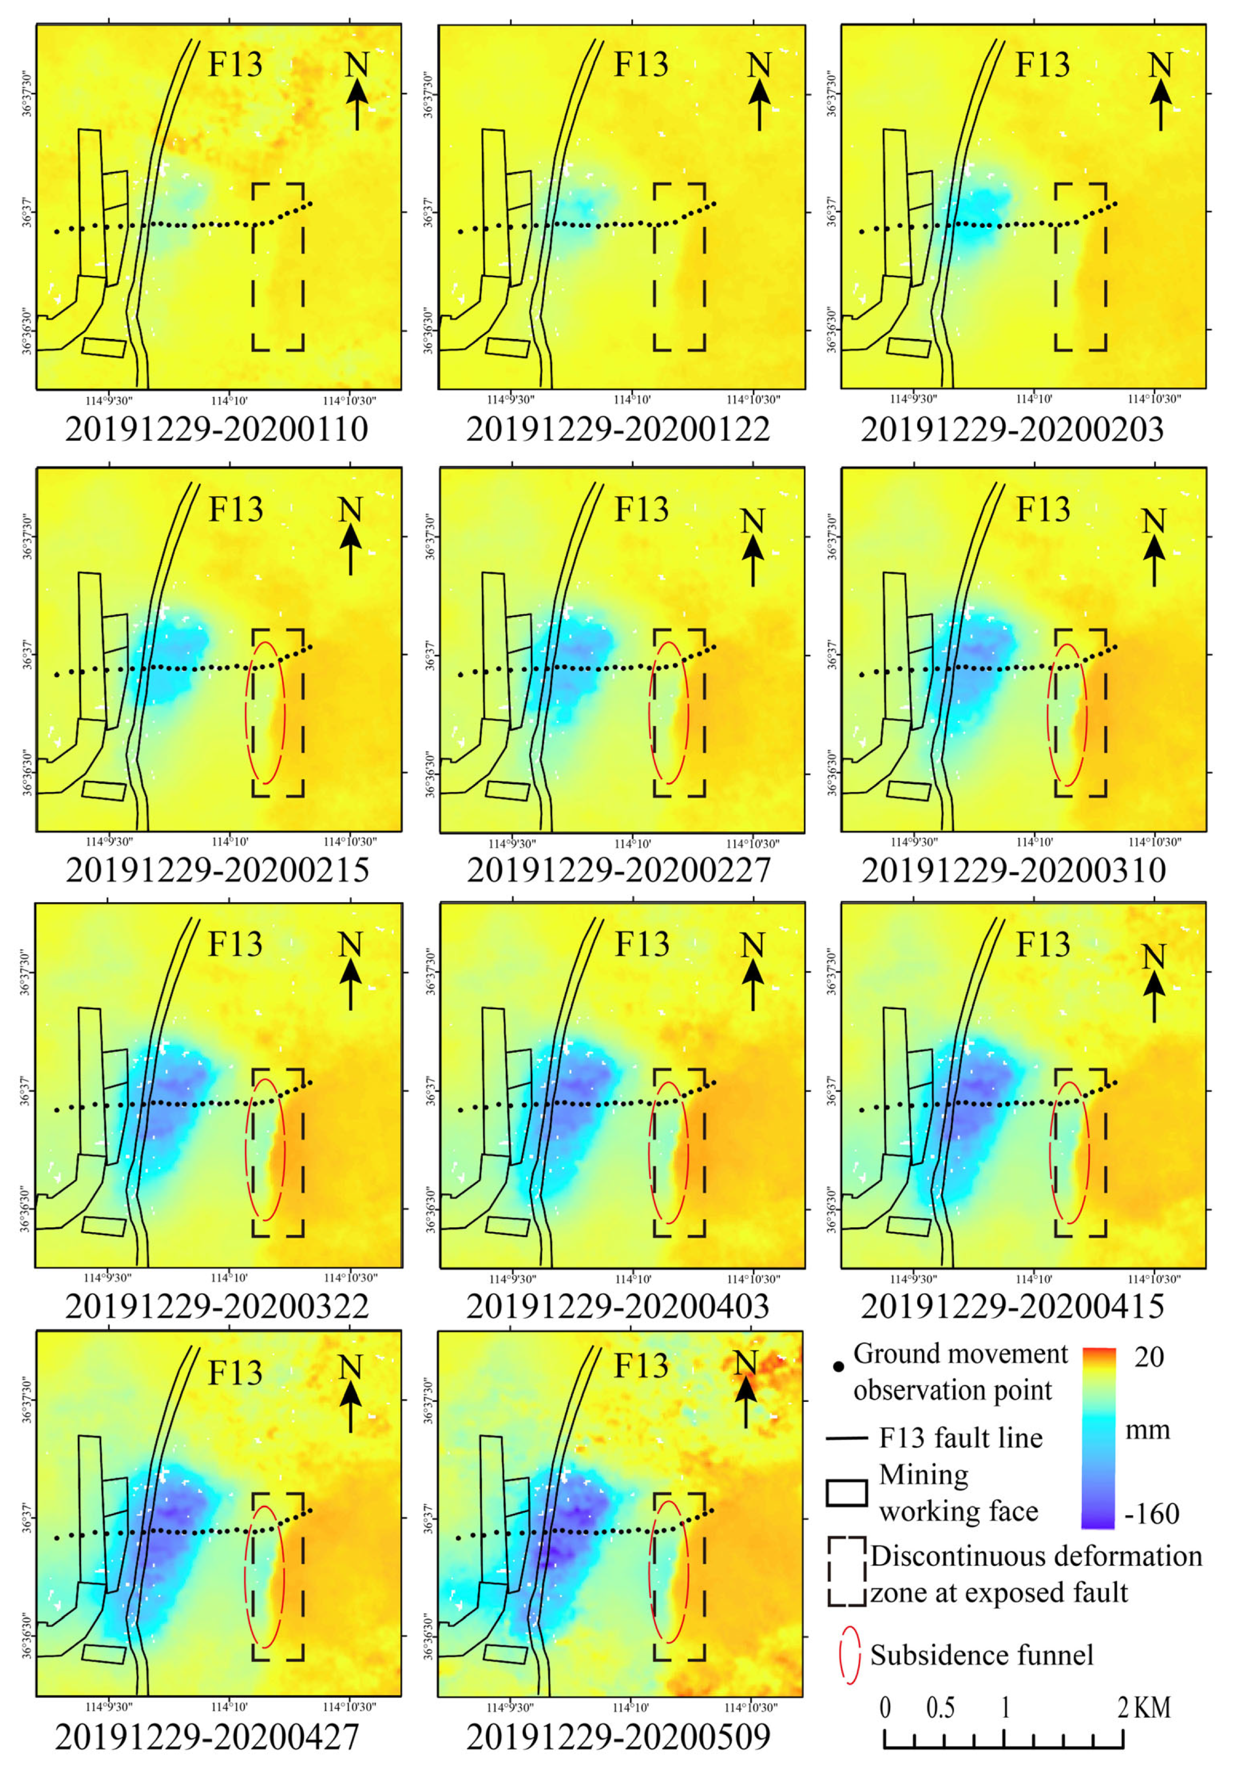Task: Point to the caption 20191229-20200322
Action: coord(217,1307)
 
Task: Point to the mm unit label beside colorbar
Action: coord(1147,1430)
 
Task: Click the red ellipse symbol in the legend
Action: coord(849,1655)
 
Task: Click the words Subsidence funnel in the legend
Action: coord(981,1655)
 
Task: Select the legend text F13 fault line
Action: coord(960,1438)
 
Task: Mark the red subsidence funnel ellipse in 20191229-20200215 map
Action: coord(265,712)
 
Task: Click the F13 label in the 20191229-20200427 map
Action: coord(236,1373)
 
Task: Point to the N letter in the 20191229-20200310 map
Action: coord(1154,522)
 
